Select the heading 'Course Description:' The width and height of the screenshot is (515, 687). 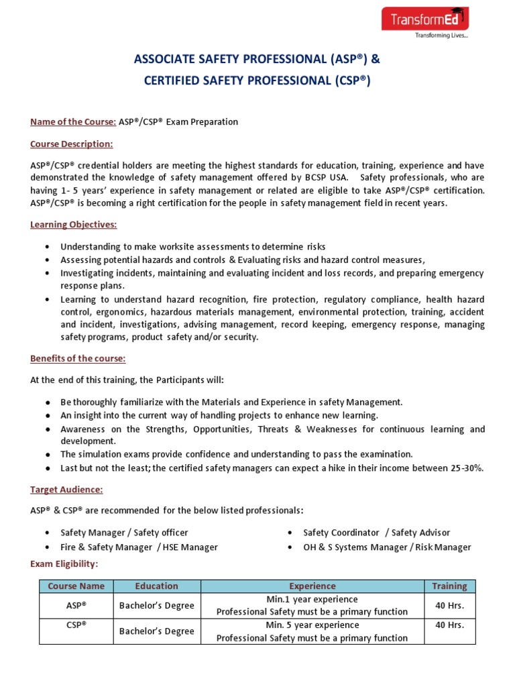[x=72, y=144]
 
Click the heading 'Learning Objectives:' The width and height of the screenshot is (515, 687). [x=73, y=224]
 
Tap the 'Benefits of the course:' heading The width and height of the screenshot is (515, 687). [x=78, y=358]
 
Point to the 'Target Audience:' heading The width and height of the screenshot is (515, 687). [x=66, y=490]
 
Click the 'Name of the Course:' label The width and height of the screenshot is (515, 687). [x=73, y=121]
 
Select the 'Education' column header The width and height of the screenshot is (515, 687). [x=156, y=586]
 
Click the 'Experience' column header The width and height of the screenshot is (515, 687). [x=312, y=586]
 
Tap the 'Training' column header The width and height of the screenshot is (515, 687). [x=449, y=586]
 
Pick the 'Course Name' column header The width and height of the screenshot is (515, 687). [x=76, y=586]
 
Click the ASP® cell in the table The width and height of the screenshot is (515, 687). [x=76, y=605]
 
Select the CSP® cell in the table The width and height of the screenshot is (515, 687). [x=76, y=625]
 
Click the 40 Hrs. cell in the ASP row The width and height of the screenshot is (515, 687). [x=449, y=605]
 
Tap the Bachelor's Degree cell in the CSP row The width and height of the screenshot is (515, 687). [x=156, y=631]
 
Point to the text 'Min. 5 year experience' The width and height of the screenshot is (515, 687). [x=312, y=625]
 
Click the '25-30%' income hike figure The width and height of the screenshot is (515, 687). [x=464, y=468]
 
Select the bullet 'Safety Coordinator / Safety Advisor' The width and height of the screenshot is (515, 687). [x=376, y=533]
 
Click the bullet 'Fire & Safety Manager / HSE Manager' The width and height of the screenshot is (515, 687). [x=139, y=547]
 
